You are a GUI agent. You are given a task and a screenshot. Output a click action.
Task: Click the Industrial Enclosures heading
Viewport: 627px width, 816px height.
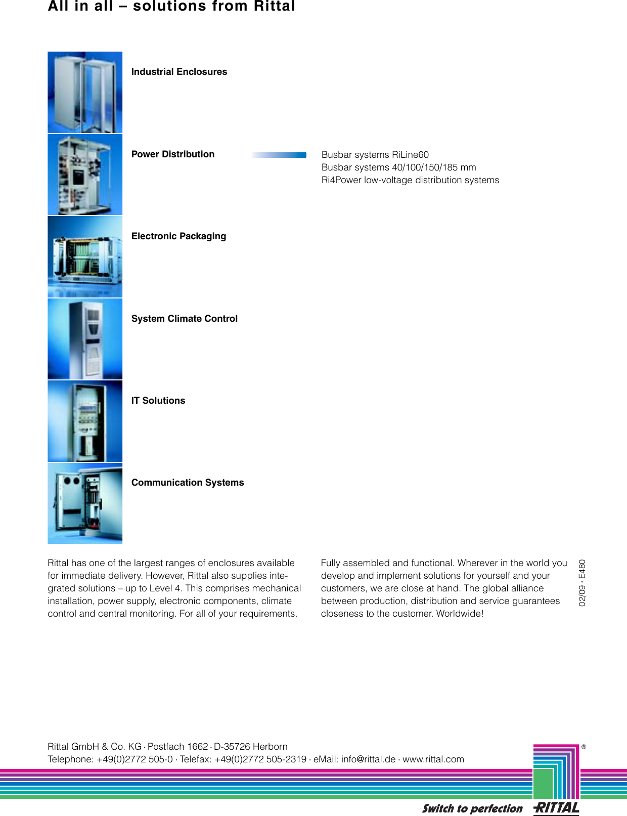click(179, 72)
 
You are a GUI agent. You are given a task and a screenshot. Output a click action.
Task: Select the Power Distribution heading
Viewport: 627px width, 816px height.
click(173, 154)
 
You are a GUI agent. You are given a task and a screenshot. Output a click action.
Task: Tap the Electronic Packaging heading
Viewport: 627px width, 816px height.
click(178, 236)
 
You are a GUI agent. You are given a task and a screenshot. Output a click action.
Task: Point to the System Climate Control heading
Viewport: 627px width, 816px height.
click(184, 319)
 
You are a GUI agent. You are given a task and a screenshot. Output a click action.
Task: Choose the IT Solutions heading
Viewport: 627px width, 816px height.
click(158, 401)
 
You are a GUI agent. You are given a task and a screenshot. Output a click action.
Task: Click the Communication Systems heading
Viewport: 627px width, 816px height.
click(188, 483)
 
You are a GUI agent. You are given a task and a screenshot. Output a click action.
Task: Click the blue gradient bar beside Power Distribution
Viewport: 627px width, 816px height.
click(280, 155)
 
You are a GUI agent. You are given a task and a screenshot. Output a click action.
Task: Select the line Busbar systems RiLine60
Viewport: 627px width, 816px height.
click(375, 155)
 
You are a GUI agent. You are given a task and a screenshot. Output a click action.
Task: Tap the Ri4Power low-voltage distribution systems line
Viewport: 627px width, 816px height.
click(410, 180)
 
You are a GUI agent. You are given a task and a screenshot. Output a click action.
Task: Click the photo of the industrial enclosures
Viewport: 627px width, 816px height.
click(85, 93)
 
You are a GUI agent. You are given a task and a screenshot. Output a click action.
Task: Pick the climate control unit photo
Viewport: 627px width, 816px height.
click(85, 339)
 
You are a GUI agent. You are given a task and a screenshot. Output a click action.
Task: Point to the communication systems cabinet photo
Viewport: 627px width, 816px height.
click(85, 503)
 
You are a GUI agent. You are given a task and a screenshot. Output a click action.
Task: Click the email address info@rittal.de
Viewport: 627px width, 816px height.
click(368, 759)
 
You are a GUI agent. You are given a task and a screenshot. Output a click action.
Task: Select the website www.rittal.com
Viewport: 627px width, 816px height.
click(433, 759)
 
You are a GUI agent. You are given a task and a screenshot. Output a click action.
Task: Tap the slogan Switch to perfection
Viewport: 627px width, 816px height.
click(472, 808)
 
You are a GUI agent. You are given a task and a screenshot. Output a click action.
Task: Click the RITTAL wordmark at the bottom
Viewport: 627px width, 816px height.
click(557, 808)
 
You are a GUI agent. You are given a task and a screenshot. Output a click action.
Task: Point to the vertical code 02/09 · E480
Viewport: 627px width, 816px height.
click(582, 583)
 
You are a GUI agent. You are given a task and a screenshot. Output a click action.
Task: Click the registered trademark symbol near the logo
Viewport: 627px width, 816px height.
click(584, 747)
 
